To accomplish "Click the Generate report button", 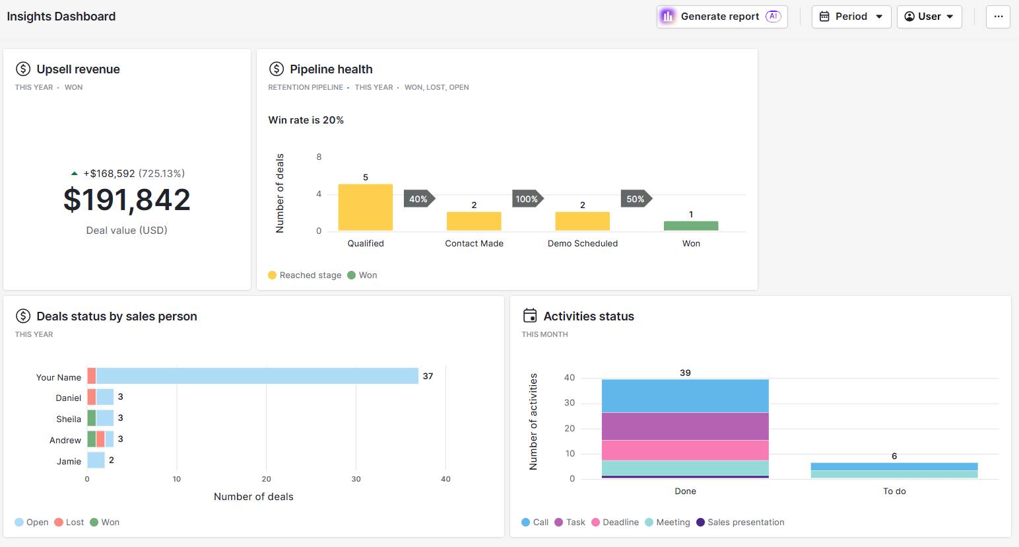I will (721, 17).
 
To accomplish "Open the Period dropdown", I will (851, 17).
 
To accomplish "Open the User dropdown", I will (929, 17).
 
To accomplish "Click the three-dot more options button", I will (998, 17).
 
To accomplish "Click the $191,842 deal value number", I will (127, 200).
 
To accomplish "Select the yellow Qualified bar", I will (365, 207).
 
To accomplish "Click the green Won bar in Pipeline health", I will (690, 226).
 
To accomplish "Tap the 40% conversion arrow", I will (418, 199).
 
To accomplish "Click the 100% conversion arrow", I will (527, 199).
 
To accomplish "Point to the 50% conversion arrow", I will (636, 199).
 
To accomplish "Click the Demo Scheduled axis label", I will (582, 243).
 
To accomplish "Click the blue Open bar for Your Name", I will (257, 376).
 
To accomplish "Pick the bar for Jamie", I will (96, 460).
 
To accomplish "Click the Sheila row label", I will (68, 419).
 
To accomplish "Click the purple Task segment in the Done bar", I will (685, 426).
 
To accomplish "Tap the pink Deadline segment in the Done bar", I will (685, 451).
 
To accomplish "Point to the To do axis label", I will (894, 492).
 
